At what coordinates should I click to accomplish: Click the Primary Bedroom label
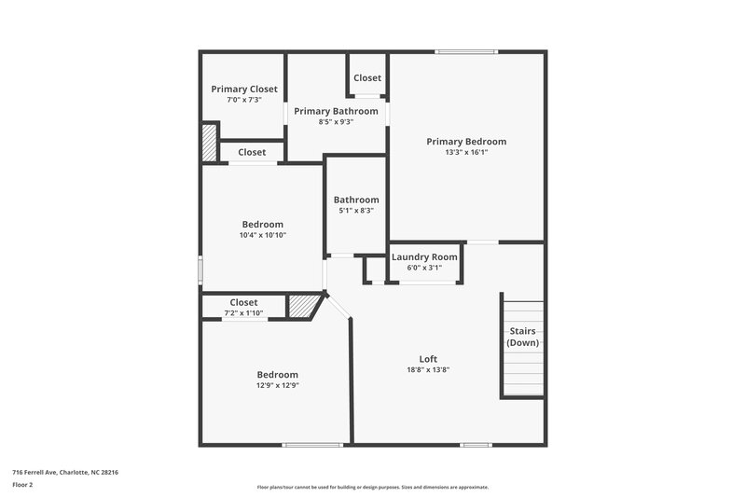click(x=466, y=142)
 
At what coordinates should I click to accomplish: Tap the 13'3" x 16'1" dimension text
click(x=466, y=152)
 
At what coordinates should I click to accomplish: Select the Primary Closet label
click(x=244, y=90)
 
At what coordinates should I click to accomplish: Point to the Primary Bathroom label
click(x=337, y=111)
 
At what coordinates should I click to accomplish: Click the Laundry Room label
click(x=424, y=257)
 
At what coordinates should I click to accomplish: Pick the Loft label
click(x=428, y=359)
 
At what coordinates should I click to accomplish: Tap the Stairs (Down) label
click(x=523, y=337)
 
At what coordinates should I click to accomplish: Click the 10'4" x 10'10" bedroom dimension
click(x=263, y=235)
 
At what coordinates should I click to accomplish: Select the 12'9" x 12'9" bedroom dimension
click(x=278, y=385)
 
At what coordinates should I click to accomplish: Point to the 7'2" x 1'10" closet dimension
click(x=243, y=313)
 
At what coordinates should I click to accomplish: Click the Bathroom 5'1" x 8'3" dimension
click(x=356, y=211)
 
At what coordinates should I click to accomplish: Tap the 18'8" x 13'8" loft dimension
click(x=428, y=369)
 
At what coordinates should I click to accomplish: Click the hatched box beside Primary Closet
click(x=210, y=144)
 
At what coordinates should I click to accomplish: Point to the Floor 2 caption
click(x=23, y=485)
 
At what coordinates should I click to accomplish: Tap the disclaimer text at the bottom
click(x=373, y=487)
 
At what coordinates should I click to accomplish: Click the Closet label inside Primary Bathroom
click(x=366, y=78)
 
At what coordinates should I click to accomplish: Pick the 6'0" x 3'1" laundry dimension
click(x=424, y=268)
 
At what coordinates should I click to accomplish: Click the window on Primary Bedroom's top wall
click(x=466, y=51)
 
